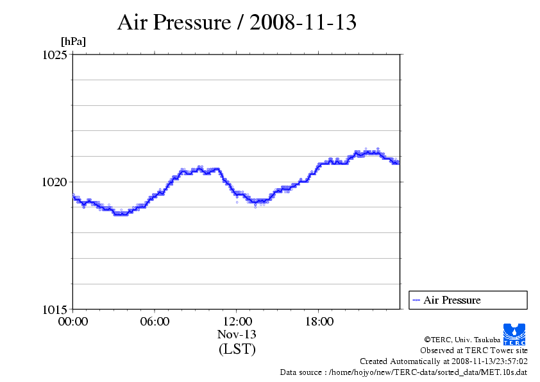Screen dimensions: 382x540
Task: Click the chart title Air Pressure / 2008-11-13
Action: [236, 23]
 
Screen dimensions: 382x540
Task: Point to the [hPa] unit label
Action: [73, 42]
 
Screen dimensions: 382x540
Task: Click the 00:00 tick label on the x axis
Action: [73, 322]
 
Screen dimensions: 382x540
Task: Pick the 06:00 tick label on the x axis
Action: [155, 322]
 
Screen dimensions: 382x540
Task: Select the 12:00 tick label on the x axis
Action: [237, 322]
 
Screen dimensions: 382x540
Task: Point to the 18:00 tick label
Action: [319, 322]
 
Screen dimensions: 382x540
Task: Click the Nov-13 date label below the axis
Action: [237, 334]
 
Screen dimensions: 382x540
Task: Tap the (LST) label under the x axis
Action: [237, 349]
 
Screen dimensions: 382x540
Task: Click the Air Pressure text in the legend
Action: [451, 300]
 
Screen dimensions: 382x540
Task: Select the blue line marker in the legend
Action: [416, 300]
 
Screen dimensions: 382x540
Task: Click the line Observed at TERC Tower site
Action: [474, 351]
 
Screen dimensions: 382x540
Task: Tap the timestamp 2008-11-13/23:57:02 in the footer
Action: [489, 361]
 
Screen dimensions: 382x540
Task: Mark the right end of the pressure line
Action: [398, 163]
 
